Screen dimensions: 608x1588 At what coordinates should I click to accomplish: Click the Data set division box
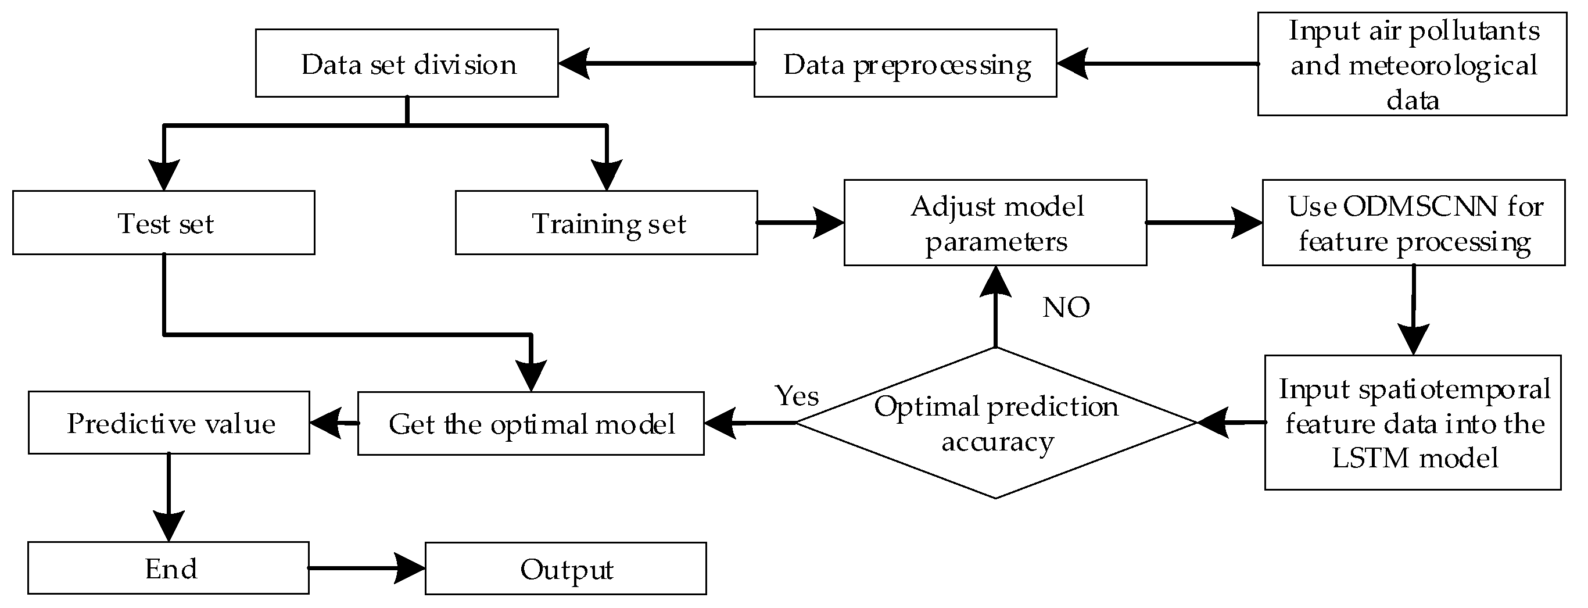coord(407,63)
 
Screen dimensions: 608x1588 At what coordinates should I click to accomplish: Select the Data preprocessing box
coord(905,63)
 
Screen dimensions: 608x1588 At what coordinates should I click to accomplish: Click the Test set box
coord(164,223)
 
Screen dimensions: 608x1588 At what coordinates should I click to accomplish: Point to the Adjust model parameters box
coord(995,223)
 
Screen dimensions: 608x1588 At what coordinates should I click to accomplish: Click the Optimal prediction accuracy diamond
coord(995,423)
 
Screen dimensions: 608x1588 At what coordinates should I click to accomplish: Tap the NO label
coord(1066,307)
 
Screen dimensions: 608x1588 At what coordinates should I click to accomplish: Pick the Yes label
coord(797,396)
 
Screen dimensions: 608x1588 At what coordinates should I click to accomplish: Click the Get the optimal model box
coord(530,424)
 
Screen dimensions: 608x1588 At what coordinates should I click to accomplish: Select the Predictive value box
coord(169,423)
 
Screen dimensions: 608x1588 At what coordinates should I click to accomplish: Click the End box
coord(169,568)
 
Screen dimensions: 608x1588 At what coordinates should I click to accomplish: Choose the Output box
coord(565,568)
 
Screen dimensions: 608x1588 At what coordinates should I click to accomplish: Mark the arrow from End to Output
coord(367,568)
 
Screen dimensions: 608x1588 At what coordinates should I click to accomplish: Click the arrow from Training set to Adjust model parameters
coord(800,223)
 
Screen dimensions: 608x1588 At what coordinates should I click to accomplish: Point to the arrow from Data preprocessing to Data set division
coord(657,63)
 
